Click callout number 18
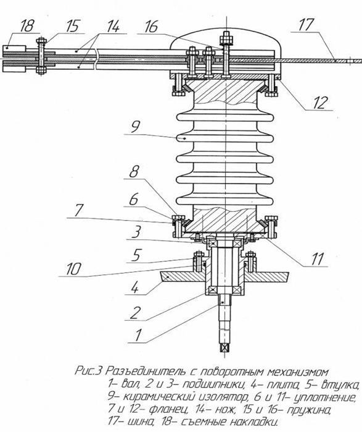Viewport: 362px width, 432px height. point(27,26)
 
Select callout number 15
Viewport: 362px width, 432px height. point(72,26)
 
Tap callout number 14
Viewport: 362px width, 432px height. point(113,27)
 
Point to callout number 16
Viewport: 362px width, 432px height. point(152,27)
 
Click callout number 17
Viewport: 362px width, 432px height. point(306,24)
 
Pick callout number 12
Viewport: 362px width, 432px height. point(321,102)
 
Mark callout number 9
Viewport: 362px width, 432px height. point(135,127)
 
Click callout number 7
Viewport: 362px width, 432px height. point(78,210)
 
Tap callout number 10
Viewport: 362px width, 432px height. point(73,269)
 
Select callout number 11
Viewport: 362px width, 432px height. point(318,259)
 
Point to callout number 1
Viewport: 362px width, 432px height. point(138,335)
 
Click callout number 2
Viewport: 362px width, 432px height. point(135,313)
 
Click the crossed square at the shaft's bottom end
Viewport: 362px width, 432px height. point(225,348)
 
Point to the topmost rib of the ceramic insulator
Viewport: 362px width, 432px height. point(225,117)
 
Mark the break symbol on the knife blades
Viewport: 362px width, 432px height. point(96,59)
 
